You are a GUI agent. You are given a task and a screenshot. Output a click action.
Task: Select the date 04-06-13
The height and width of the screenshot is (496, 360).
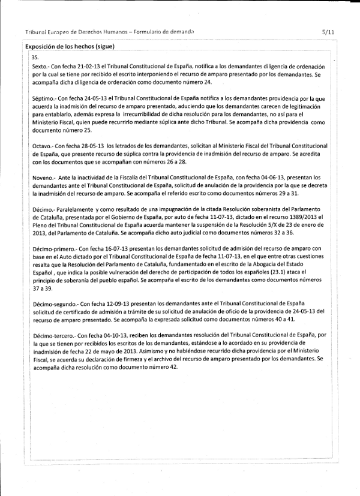point(245,178)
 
